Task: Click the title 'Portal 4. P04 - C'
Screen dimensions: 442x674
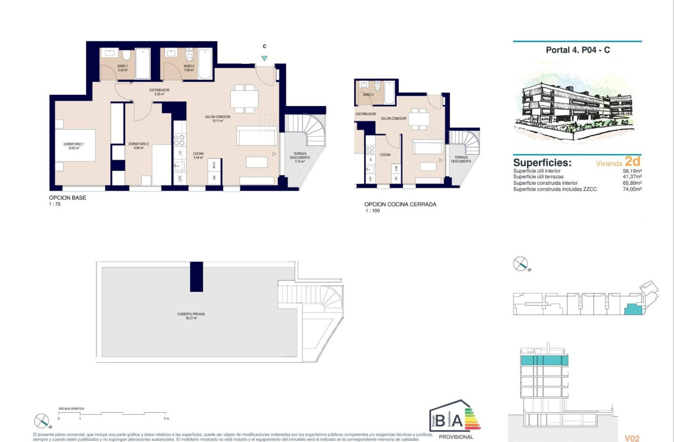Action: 577,50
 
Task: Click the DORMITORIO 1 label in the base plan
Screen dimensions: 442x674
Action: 73,145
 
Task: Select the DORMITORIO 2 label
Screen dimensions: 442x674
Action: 138,145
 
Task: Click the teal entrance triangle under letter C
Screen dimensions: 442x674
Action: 264,59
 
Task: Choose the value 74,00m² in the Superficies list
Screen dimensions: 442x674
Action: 632,189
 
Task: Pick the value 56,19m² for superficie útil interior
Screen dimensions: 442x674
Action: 632,171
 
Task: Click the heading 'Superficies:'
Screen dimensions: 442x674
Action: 542,162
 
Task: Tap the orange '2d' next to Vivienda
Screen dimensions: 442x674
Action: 632,161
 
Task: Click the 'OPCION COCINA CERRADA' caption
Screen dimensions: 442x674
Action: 400,204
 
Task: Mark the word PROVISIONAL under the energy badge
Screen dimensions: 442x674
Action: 456,437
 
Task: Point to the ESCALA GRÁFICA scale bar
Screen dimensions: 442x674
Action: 112,413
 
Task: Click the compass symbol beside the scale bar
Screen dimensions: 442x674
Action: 42,422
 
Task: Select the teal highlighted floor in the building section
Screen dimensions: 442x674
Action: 544,361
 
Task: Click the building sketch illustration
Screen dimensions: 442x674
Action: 577,102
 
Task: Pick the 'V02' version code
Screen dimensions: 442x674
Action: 632,438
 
